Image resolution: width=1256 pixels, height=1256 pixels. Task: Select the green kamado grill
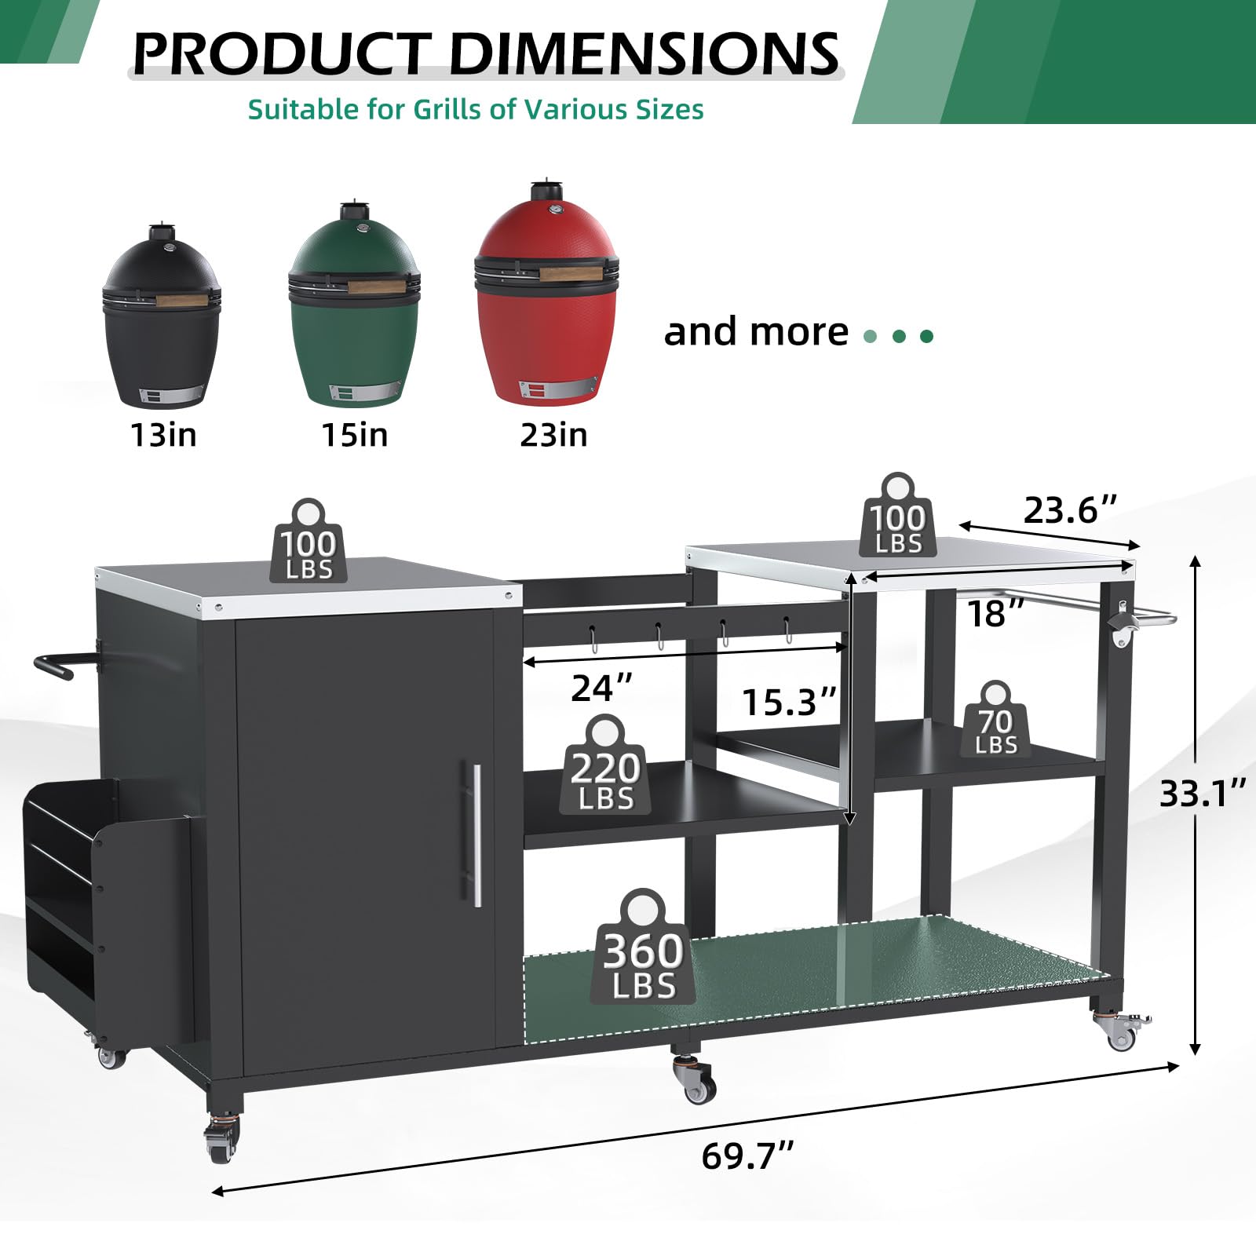(354, 305)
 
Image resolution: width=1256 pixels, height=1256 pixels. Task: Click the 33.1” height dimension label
(1203, 794)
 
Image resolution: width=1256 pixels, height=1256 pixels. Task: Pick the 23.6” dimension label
(1069, 510)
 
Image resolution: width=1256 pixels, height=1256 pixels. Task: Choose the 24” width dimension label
(602, 688)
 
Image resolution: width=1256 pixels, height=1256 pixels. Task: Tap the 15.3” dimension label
(790, 701)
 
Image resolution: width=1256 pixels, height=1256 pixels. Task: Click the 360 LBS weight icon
(644, 947)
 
